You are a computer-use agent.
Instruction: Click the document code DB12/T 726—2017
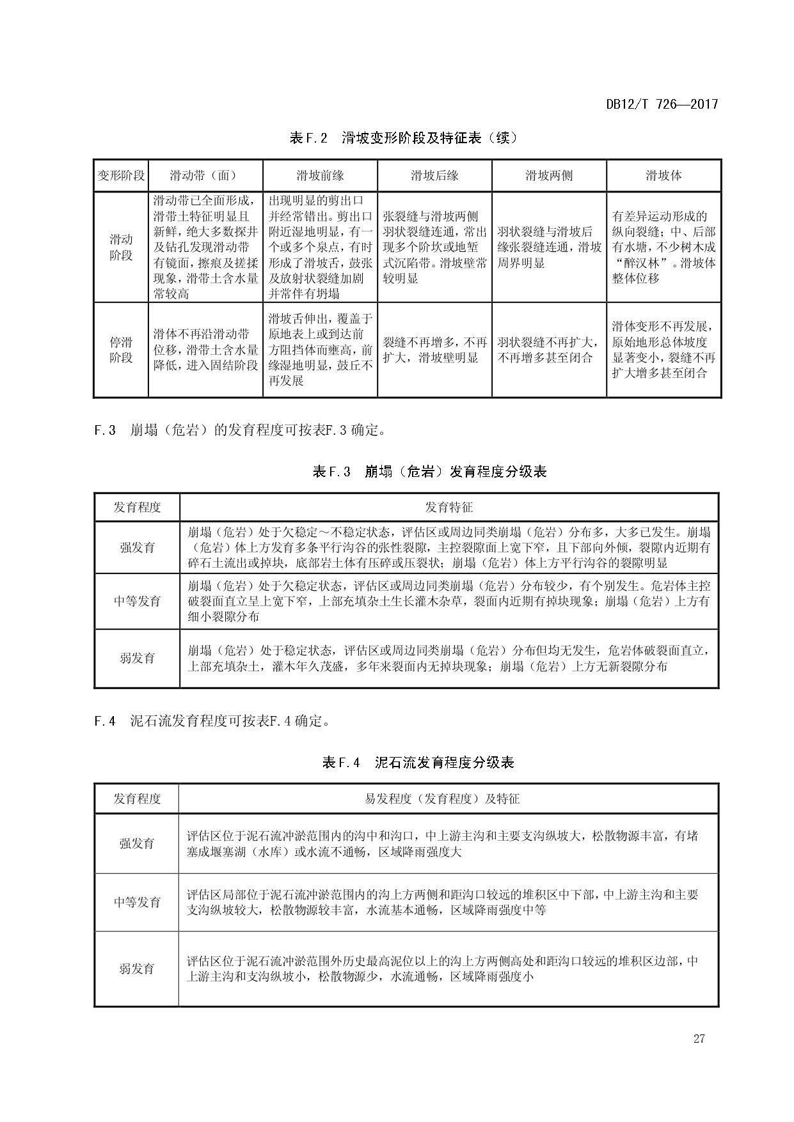(662, 104)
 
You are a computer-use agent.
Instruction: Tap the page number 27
(699, 1039)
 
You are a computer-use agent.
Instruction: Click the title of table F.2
(402, 137)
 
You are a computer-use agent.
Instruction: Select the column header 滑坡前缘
(320, 176)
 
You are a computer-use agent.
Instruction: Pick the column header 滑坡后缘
(434, 176)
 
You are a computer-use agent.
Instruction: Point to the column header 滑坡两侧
(549, 176)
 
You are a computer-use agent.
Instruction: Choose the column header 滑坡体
(663, 176)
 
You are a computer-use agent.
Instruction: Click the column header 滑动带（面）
(205, 176)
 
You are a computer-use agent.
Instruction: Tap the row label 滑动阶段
(121, 247)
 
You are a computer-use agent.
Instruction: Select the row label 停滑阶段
(121, 350)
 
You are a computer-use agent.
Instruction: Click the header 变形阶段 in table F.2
(121, 176)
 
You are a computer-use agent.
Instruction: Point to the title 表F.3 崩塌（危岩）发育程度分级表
(429, 472)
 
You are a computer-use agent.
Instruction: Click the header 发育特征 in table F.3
(449, 508)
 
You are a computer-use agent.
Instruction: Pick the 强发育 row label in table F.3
(137, 547)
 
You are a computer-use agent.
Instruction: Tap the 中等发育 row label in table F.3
(137, 601)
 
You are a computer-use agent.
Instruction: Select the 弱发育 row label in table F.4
(136, 969)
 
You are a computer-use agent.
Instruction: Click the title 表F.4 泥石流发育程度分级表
(418, 762)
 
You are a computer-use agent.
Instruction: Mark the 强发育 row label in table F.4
(136, 843)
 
